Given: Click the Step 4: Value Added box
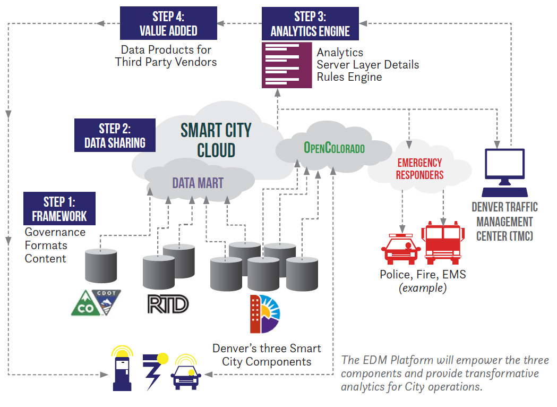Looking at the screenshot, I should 168,23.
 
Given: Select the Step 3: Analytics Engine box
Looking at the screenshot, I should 310,24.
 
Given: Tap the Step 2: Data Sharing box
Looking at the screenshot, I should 115,135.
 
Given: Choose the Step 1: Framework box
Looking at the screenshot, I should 59,209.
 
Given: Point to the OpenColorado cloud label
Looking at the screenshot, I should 334,148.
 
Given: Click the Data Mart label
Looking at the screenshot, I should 198,183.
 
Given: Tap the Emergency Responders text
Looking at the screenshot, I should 419,168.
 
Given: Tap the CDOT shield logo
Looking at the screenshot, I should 106,301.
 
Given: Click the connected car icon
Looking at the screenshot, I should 186,372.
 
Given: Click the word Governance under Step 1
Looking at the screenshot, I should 55,232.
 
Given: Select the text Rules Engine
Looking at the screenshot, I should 349,77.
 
